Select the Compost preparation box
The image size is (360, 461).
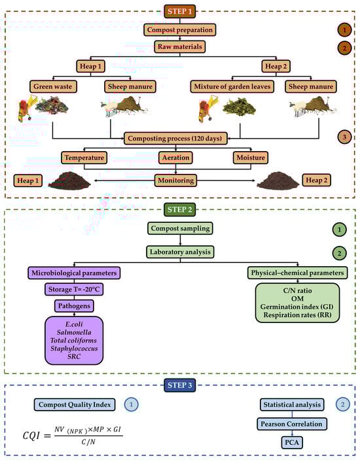coord(179,30)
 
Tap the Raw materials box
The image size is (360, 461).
coord(179,47)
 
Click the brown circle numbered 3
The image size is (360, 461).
coord(345,137)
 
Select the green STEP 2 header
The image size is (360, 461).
coord(179,211)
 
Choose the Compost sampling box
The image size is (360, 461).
coord(179,229)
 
